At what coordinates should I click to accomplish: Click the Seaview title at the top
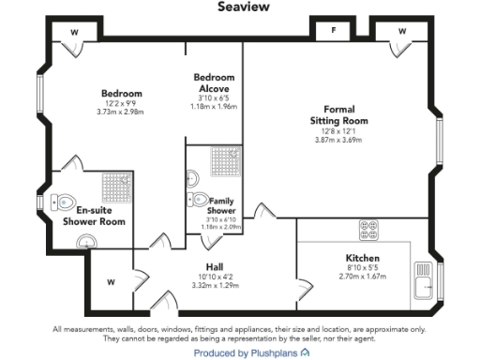(244, 7)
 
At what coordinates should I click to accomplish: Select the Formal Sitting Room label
(339, 114)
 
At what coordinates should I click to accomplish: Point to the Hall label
(215, 266)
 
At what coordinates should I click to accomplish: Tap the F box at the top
(333, 31)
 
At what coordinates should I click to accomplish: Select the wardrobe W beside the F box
(403, 31)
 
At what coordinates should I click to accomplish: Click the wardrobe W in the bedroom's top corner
(74, 31)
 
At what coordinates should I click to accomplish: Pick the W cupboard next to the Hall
(111, 280)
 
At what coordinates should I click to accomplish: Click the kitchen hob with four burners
(367, 228)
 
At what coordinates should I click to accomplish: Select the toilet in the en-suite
(63, 201)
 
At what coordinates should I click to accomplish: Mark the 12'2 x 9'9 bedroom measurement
(121, 103)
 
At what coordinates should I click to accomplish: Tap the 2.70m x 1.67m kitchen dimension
(362, 277)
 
